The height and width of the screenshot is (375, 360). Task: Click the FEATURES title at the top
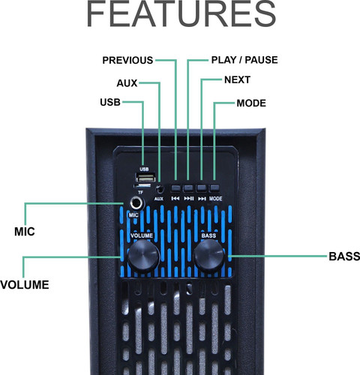point(181,13)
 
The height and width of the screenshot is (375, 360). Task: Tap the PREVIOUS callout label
point(127,60)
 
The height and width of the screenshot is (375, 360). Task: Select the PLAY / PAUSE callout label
point(244,60)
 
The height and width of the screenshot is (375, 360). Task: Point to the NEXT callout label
point(237,80)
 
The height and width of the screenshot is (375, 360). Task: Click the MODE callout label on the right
point(251,103)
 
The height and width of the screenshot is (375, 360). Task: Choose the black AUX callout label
point(127,83)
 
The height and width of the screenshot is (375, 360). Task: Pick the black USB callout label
point(110,102)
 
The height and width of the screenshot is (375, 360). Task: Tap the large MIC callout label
point(25,232)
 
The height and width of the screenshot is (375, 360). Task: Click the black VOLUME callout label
point(25,285)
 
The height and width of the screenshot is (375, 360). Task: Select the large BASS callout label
point(344,256)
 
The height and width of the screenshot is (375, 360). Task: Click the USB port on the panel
point(145,178)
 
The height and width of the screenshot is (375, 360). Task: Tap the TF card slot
point(142,186)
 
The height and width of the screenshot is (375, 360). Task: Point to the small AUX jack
point(160,189)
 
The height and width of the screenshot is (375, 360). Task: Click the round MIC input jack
point(137,203)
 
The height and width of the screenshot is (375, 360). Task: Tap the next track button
point(202,187)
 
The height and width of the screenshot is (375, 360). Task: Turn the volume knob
point(143,256)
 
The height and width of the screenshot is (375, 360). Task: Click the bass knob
point(209,256)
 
